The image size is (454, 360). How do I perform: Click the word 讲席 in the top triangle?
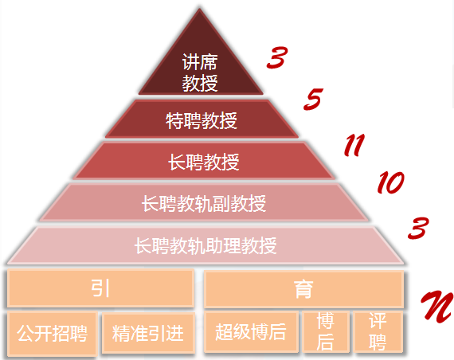(x=200, y=61)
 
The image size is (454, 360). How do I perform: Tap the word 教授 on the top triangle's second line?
(x=200, y=83)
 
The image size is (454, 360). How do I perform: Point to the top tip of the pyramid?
(x=199, y=9)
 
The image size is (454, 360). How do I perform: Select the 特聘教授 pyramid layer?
(x=202, y=119)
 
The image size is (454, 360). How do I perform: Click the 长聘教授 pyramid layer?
(x=204, y=161)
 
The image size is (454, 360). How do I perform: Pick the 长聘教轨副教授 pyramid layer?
(x=204, y=202)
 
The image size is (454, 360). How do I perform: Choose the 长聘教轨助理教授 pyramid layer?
(x=205, y=245)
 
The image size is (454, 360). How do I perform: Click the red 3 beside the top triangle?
(x=277, y=58)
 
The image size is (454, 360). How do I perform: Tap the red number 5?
(x=313, y=99)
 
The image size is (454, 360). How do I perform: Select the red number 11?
(x=354, y=145)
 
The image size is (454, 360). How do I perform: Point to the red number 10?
(x=390, y=182)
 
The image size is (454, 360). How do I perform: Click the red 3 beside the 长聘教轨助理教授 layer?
(x=418, y=229)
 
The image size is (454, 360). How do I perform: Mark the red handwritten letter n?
(x=437, y=307)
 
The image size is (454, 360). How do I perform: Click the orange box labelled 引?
(x=100, y=288)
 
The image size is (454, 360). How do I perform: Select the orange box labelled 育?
(x=303, y=289)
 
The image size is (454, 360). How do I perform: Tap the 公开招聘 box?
(x=52, y=334)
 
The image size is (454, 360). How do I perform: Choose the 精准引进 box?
(x=148, y=333)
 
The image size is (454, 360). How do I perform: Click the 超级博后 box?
(x=251, y=332)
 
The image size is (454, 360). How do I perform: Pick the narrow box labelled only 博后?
(x=326, y=332)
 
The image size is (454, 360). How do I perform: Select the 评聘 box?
(x=378, y=332)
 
